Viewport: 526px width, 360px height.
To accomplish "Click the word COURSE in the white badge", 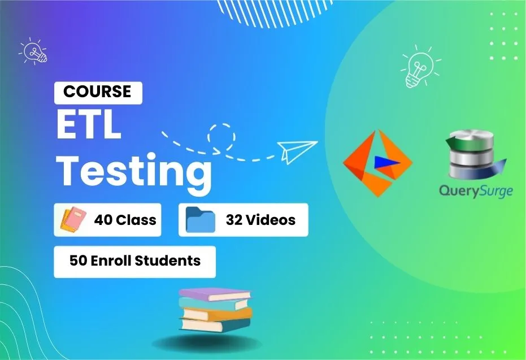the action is click(x=97, y=92).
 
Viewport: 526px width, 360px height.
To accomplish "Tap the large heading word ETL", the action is click(x=89, y=125).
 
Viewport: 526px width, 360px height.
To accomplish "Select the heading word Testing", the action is click(x=134, y=173).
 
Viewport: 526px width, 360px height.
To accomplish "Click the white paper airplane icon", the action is click(x=297, y=151).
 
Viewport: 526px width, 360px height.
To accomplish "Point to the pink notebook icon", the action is click(x=73, y=220).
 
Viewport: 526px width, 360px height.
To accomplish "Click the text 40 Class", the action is click(x=125, y=220).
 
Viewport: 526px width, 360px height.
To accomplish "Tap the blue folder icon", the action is click(x=200, y=220).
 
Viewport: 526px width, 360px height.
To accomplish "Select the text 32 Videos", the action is click(x=260, y=220).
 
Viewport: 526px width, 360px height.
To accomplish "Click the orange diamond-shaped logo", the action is click(x=378, y=163).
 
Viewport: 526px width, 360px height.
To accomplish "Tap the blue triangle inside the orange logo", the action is click(x=386, y=162).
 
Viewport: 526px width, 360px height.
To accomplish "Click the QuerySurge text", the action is click(x=476, y=191).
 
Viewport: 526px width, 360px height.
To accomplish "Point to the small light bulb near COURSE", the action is click(x=33, y=51).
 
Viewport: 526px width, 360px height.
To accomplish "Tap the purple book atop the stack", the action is click(x=215, y=294).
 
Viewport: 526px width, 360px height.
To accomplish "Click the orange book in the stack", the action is click(x=217, y=314).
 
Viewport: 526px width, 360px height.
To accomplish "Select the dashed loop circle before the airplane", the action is click(x=221, y=137).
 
